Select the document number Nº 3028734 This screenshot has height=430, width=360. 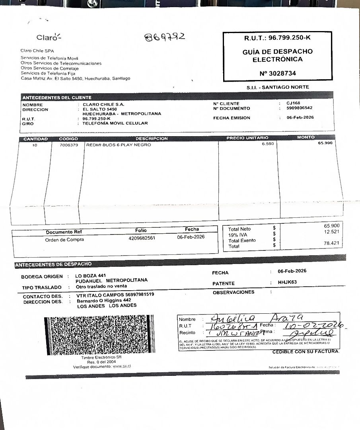coord(278,73)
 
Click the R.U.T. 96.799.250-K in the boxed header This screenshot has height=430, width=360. coord(278,38)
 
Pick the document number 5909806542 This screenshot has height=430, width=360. coord(299,108)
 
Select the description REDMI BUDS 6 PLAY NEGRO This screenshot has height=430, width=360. coord(119,145)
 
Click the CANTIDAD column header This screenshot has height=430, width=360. coord(35,139)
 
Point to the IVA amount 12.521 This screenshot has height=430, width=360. coord(331,232)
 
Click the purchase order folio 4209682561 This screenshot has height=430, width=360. coord(142,238)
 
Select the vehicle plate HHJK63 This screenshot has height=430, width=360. coord(287,282)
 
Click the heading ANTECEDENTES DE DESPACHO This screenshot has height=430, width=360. coord(53,264)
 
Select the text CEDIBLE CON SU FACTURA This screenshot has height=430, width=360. coord(306,352)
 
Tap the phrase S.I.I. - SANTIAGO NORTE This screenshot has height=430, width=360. coord(278,87)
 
